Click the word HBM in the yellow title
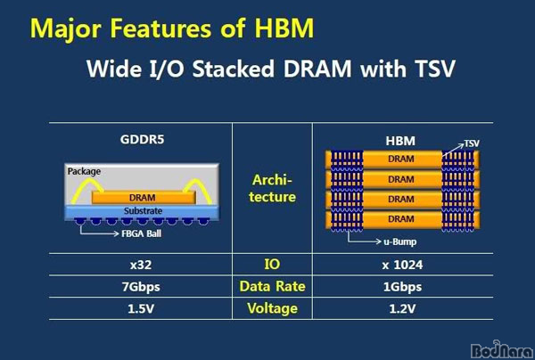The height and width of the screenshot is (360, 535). pos(284,28)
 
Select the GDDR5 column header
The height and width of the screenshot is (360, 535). pos(142,139)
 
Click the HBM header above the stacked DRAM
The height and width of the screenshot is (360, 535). pos(400,141)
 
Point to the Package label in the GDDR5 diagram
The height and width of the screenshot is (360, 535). pos(84,171)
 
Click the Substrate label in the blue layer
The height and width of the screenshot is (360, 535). pos(143,211)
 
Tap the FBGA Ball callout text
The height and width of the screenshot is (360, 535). pos(141,233)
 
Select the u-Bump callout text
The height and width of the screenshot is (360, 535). pos(399,241)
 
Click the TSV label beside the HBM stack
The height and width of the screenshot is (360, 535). pos(472,143)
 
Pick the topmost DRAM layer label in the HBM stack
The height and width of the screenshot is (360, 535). pos(401,159)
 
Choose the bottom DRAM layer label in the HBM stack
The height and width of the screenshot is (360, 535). pos(401,219)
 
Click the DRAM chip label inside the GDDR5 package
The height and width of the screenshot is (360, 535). pos(143,198)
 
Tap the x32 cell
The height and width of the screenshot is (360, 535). pos(141,265)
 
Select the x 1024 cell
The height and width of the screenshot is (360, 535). pos(402,265)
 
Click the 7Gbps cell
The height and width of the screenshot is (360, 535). pos(141,287)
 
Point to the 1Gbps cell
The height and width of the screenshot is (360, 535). pos(402,287)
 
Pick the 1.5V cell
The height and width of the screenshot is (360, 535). pos(141,309)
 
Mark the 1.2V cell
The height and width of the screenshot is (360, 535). pos(402,309)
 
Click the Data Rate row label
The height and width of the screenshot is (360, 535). pos(272,286)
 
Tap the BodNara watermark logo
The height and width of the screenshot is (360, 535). pos(501,350)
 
